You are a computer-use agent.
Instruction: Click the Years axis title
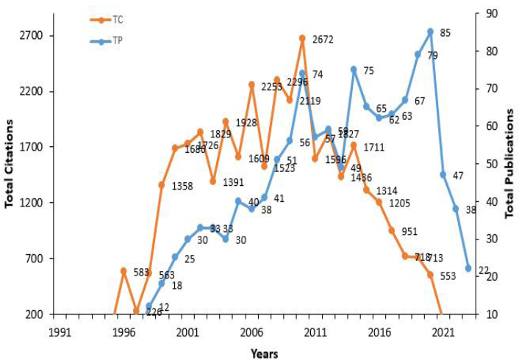click(263, 353)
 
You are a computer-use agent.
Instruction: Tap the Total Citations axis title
click(10, 163)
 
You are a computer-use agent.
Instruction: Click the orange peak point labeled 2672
click(302, 37)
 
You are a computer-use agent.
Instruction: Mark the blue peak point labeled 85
click(430, 32)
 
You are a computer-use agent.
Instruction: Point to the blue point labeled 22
click(468, 269)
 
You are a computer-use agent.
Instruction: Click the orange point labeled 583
click(124, 271)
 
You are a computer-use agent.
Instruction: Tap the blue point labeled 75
click(354, 69)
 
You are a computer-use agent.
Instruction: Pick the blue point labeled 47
click(443, 175)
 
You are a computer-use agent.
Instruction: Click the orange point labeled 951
click(392, 231)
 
